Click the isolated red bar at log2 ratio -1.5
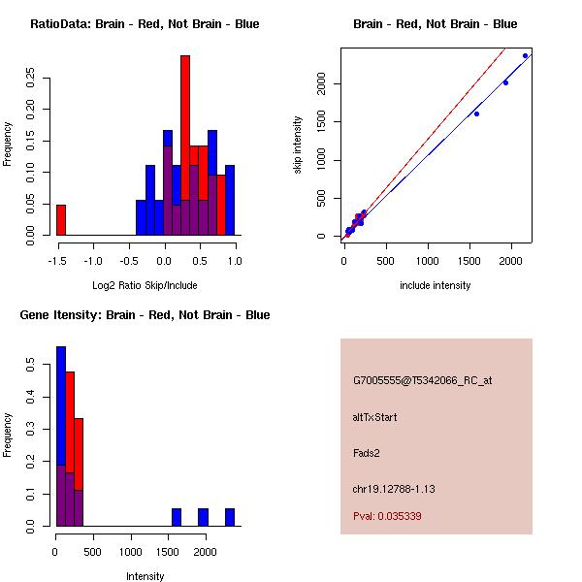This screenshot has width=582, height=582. (61, 220)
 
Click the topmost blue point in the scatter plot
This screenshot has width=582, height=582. (525, 55)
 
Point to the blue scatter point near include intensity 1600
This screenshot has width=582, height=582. (476, 113)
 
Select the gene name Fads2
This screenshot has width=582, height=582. (367, 452)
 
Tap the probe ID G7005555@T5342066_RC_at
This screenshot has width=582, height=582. (422, 380)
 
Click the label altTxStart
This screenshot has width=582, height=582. (375, 417)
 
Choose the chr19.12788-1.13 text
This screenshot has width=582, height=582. (393, 489)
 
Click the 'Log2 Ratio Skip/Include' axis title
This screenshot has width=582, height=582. (145, 285)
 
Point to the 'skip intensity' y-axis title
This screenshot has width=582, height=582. (299, 145)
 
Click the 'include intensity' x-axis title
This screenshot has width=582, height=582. (435, 285)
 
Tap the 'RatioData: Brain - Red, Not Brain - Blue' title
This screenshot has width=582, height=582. (145, 23)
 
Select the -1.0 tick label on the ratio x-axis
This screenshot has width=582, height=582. (93, 260)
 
